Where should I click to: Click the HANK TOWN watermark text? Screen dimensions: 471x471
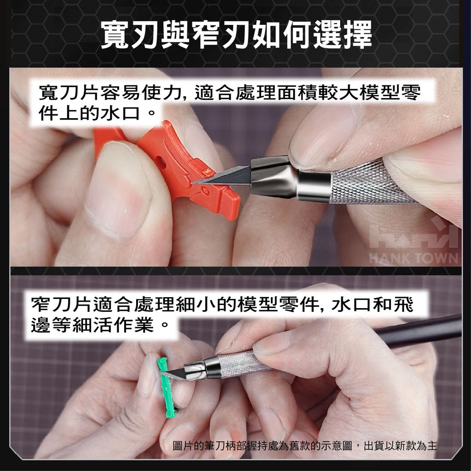coord(414,258)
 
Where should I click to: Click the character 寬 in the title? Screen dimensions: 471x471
coord(115,34)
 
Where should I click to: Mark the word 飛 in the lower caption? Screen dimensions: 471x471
coord(403,304)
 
